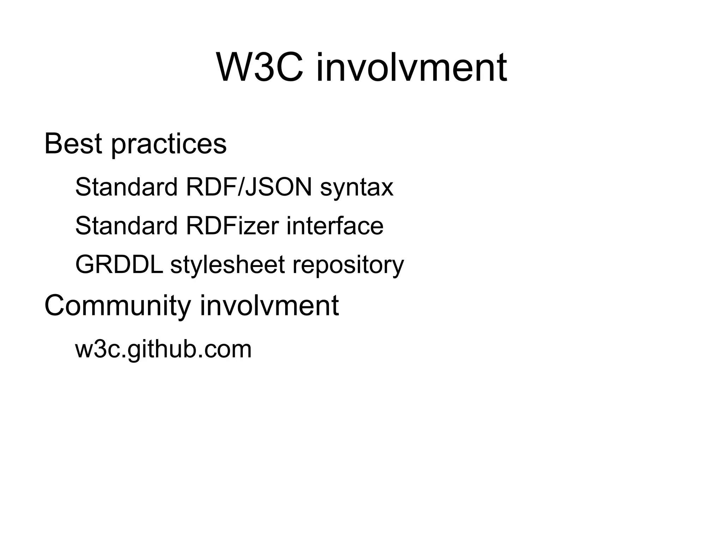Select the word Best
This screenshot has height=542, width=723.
click(73, 144)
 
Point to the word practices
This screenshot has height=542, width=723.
click(169, 145)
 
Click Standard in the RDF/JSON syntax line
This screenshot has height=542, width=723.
click(126, 187)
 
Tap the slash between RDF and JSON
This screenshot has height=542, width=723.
click(241, 187)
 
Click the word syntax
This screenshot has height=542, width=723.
click(357, 188)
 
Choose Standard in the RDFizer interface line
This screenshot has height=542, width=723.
click(126, 226)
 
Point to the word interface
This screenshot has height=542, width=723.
click(335, 226)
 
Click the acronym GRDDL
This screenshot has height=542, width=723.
click(119, 264)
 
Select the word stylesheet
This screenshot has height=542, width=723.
click(227, 265)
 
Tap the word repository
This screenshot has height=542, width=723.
click(348, 266)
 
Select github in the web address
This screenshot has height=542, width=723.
click(159, 350)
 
